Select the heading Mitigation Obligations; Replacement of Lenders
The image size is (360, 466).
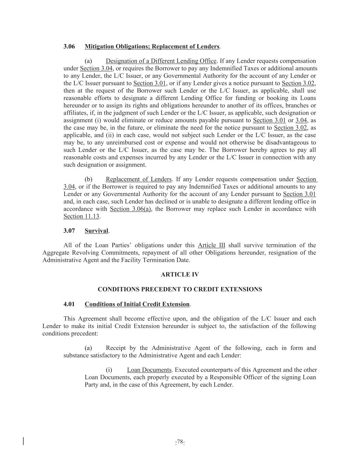click(x=152, y=46)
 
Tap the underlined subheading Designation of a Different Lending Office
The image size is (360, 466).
click(x=161, y=61)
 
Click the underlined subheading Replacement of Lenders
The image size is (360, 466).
click(x=139, y=179)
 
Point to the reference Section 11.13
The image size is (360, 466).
click(x=81, y=216)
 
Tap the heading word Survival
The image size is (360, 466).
click(x=96, y=231)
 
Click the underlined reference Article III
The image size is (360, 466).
click(x=212, y=245)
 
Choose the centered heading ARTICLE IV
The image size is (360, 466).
click(x=180, y=274)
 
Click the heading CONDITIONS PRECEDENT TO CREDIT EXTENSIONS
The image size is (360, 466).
click(x=180, y=290)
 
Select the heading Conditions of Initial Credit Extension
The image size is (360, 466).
click(x=137, y=304)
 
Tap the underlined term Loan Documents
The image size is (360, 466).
click(x=149, y=370)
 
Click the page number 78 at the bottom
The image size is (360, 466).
click(x=180, y=442)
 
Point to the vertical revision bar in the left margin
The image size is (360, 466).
click(x=23, y=441)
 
